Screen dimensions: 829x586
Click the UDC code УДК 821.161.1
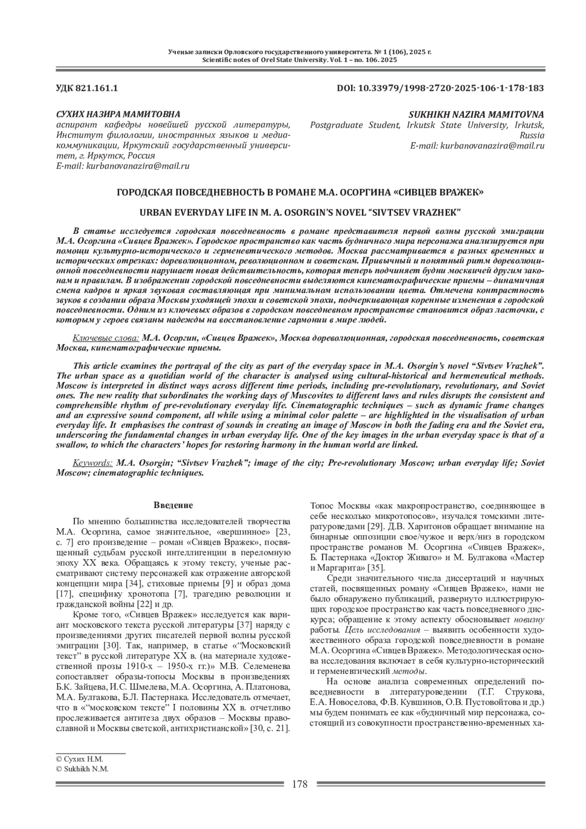87,88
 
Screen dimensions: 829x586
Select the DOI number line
440,88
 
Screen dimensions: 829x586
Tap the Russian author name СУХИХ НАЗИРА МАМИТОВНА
118,114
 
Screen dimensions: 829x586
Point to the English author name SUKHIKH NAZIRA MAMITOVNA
476,114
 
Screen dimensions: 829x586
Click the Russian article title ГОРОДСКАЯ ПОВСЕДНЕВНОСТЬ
300,192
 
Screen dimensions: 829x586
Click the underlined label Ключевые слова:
106,338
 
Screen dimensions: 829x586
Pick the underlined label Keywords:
92,463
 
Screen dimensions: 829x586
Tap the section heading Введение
173,505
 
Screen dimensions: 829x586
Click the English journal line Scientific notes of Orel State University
299,60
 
